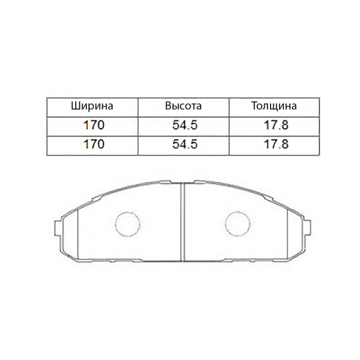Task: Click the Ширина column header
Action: [92, 107]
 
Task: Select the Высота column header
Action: [183, 107]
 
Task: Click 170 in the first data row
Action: [92, 126]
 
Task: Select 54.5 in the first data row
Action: [183, 126]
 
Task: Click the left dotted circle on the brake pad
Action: [126, 224]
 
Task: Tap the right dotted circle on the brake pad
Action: [237, 224]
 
